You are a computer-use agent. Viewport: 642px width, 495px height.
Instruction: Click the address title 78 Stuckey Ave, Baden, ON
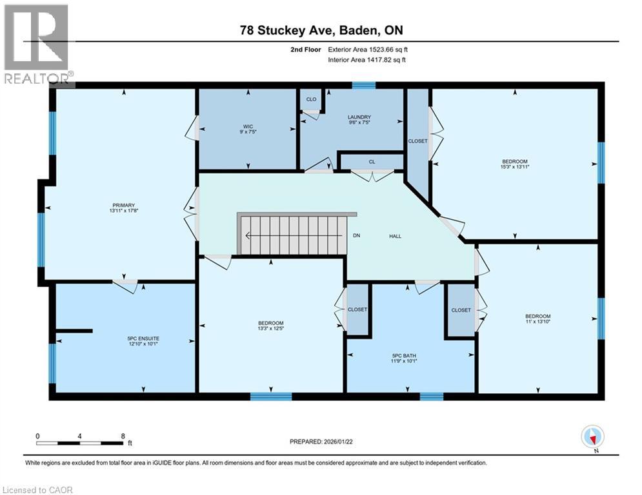[321, 30]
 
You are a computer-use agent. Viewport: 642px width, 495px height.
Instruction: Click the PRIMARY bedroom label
[121, 205]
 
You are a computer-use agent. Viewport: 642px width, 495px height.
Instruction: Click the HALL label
[395, 236]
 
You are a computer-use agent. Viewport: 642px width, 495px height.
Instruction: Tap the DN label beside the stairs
[356, 236]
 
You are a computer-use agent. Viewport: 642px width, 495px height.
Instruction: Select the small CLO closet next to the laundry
[311, 100]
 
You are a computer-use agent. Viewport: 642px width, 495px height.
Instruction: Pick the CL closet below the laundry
[372, 162]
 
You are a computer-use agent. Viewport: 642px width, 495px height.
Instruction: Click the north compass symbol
[592, 437]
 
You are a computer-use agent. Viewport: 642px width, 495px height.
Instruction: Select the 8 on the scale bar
[122, 436]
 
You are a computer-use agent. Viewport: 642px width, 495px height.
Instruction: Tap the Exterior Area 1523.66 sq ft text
[368, 49]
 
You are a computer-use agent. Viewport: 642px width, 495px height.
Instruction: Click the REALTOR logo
[37, 44]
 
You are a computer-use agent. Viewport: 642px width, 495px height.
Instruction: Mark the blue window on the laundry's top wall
[364, 85]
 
